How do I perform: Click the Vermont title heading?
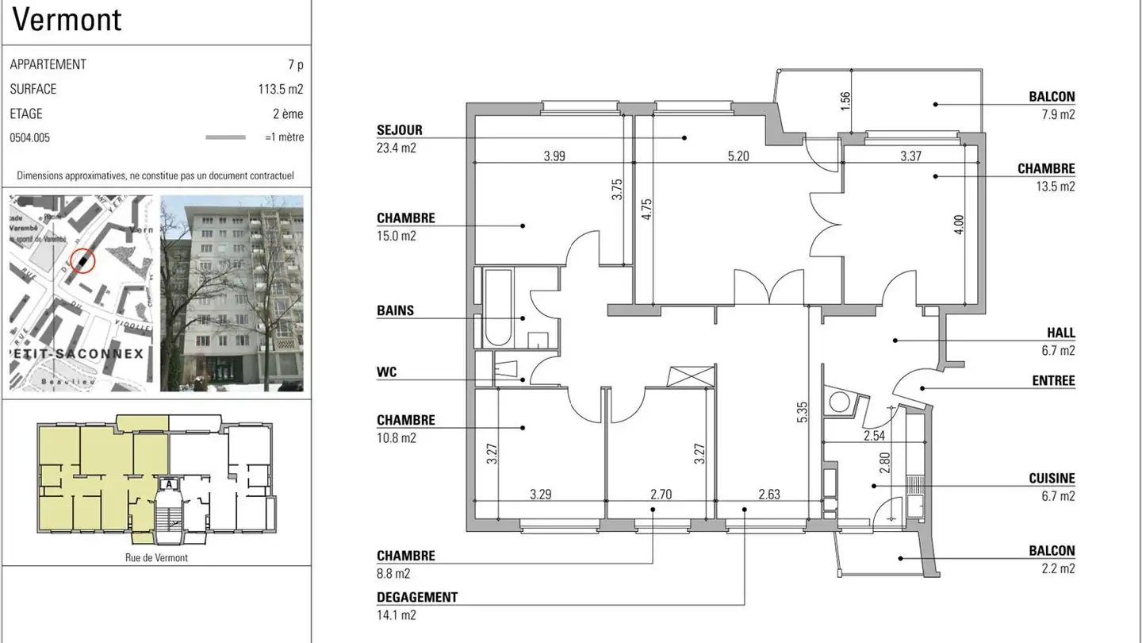(x=67, y=20)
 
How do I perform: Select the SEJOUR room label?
(x=400, y=130)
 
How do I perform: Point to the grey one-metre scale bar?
(x=225, y=137)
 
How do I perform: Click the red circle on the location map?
(x=82, y=260)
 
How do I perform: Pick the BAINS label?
(x=395, y=310)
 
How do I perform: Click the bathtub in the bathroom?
(x=498, y=308)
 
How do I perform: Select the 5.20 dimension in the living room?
(x=738, y=156)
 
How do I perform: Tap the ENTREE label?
(x=1053, y=381)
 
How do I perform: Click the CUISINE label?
(x=1052, y=479)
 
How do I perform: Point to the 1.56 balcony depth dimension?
(x=845, y=101)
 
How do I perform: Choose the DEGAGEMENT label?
(x=417, y=597)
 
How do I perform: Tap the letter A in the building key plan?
(x=167, y=483)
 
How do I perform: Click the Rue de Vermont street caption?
(x=156, y=557)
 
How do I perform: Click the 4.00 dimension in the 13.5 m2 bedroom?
(x=959, y=225)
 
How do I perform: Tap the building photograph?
(x=232, y=293)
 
